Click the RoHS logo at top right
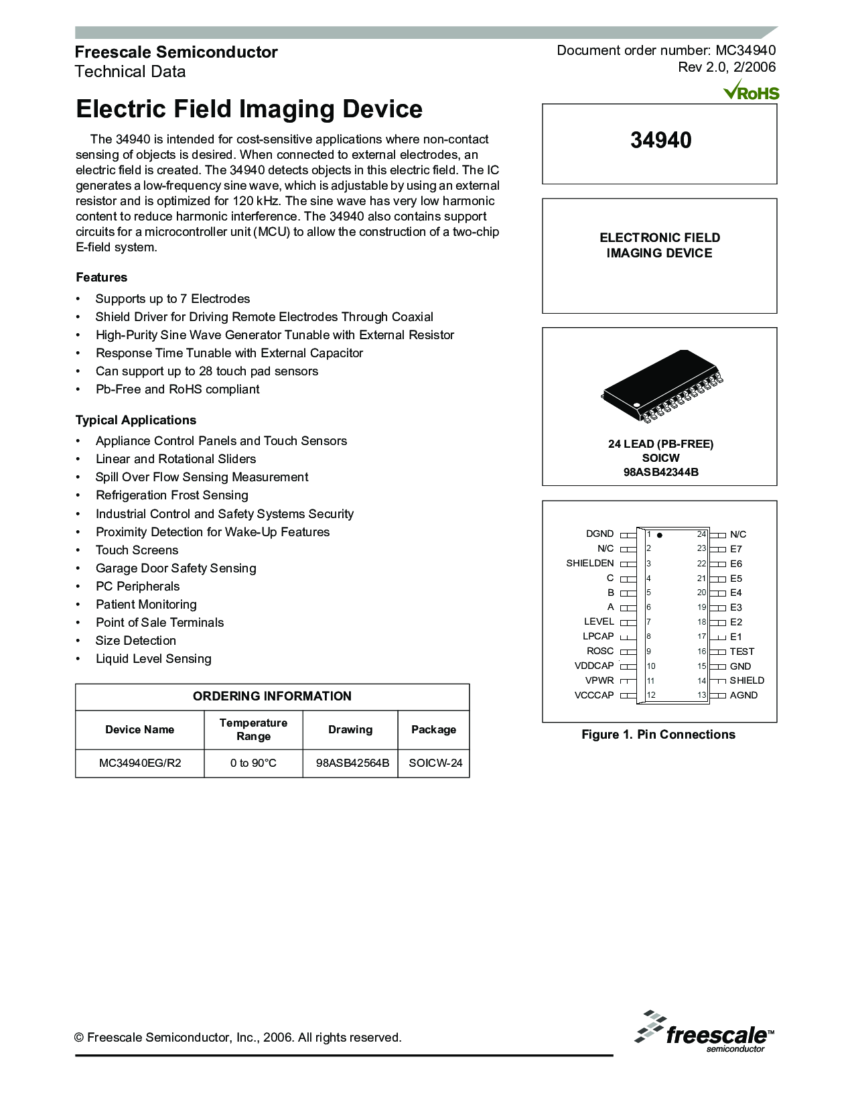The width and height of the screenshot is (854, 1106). point(752,90)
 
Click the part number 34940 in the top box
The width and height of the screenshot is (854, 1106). point(660,140)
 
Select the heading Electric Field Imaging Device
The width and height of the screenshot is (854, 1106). point(249,109)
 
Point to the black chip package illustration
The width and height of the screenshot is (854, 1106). point(662,386)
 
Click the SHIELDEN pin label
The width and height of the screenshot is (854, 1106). point(589,563)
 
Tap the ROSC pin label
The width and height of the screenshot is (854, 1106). point(600,651)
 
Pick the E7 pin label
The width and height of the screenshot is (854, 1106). point(735,549)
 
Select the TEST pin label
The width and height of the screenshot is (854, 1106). point(741,652)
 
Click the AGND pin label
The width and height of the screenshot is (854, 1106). point(743,695)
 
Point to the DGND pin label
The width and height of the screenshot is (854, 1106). point(599,534)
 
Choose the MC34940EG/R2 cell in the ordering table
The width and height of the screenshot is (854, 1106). point(140,763)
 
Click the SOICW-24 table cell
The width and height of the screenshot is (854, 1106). point(435,763)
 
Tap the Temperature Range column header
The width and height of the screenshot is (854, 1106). point(253,729)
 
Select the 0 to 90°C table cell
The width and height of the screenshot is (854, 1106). point(253,763)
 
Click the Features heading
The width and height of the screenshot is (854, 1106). point(101,278)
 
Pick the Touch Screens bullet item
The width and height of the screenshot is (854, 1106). point(137,550)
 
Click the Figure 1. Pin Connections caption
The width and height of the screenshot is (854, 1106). point(658,735)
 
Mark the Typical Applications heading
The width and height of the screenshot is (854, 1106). point(136,420)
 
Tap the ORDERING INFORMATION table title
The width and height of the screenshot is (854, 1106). point(272,696)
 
